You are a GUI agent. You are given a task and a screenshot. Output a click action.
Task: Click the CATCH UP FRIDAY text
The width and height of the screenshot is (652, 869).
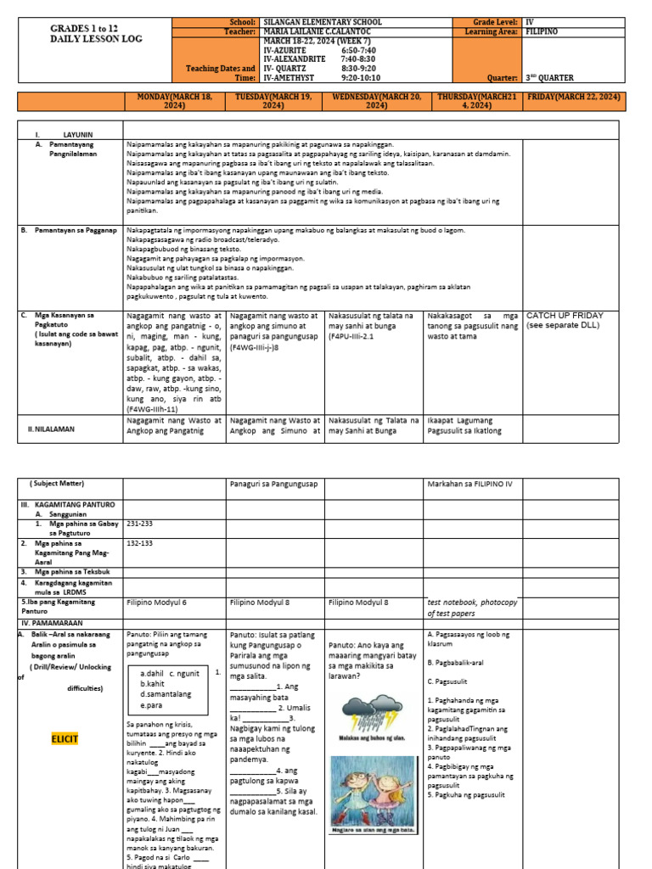tap(566, 315)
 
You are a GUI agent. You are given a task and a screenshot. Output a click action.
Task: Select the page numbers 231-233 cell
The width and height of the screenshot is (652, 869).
tap(138, 524)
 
